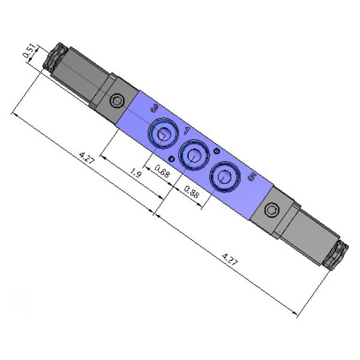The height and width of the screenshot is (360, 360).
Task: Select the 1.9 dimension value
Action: click(136, 173)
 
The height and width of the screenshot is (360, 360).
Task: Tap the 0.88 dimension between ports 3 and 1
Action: click(162, 171)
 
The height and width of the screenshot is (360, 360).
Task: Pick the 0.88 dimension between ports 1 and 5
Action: click(192, 192)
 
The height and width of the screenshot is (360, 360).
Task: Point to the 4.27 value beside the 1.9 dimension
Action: click(86, 158)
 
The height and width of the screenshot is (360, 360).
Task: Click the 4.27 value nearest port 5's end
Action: click(230, 259)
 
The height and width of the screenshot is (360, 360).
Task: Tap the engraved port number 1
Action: click(187, 131)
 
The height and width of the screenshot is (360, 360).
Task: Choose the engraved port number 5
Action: click(253, 177)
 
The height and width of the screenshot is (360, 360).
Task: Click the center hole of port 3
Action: click(163, 134)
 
